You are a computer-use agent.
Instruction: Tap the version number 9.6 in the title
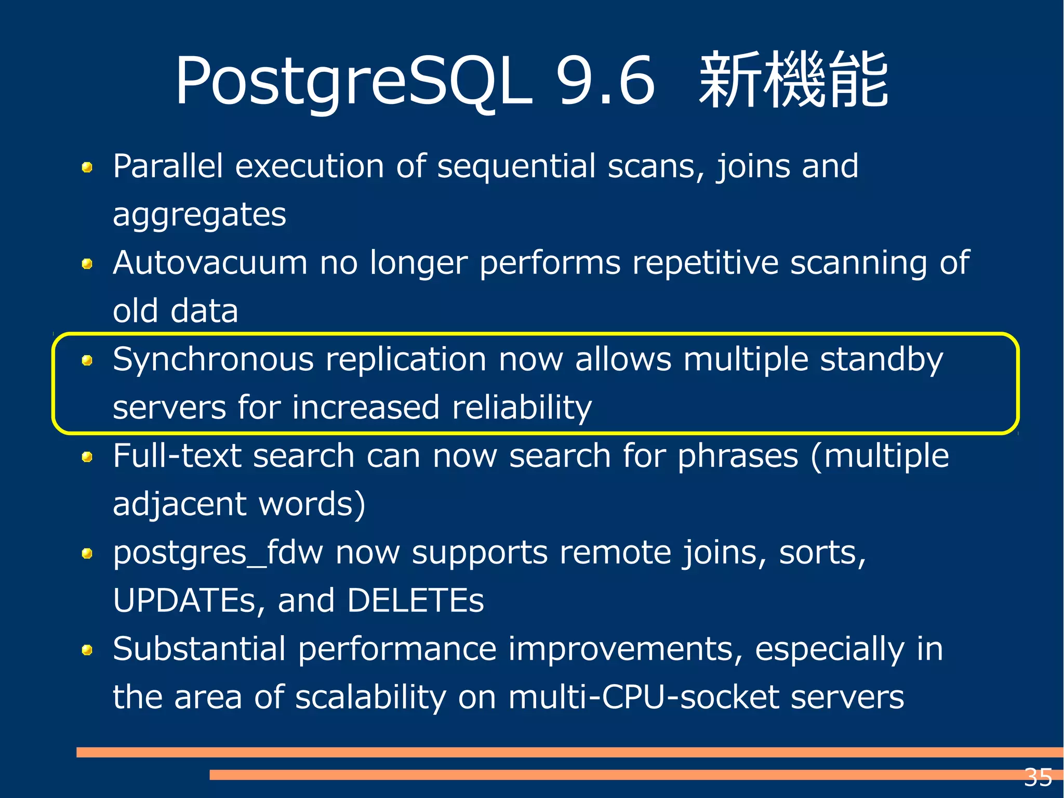[x=605, y=82]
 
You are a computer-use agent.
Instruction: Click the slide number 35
[x=1038, y=778]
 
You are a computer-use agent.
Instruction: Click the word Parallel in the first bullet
[x=168, y=166]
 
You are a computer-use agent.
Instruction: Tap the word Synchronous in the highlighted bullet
[x=214, y=359]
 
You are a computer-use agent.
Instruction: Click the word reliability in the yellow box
[x=522, y=407]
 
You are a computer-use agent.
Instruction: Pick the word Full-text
[x=177, y=456]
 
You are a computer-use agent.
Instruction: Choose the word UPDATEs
[x=184, y=600]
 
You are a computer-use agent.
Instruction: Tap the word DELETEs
[x=415, y=600]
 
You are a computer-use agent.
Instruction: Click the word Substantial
[x=199, y=649]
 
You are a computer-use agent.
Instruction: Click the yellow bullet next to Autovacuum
[x=87, y=264]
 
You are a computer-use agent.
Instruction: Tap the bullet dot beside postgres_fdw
[x=87, y=554]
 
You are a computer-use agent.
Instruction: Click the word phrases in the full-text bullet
[x=738, y=456]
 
